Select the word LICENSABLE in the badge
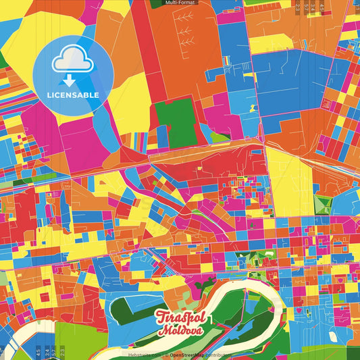pos(73,95)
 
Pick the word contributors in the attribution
pos(220,355)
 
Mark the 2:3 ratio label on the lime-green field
pos(63,352)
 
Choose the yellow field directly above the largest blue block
pos(270,44)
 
